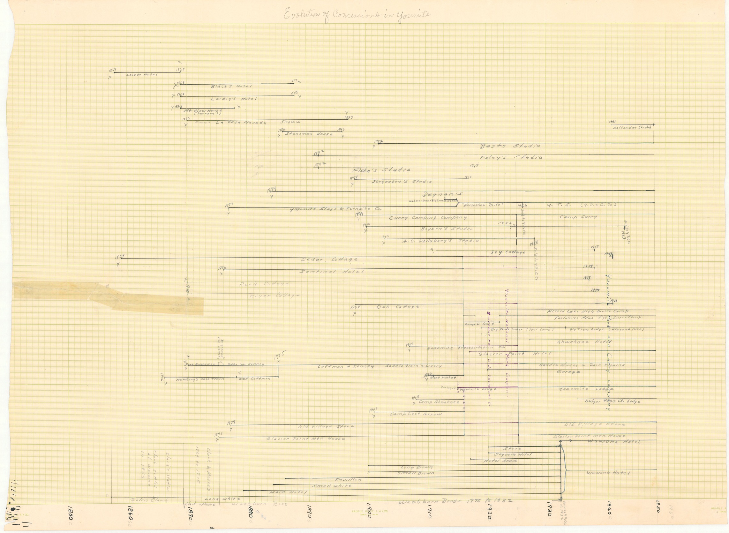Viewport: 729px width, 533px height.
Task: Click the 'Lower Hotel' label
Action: (x=142, y=75)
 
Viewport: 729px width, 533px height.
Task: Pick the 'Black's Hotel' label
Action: (x=231, y=86)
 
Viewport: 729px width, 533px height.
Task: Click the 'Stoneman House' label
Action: (x=308, y=134)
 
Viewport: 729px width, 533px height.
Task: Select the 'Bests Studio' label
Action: (x=510, y=146)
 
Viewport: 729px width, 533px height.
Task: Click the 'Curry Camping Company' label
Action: (x=428, y=218)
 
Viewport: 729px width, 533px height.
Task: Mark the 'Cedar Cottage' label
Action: (x=329, y=260)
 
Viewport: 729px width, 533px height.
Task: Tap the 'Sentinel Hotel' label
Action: (x=332, y=272)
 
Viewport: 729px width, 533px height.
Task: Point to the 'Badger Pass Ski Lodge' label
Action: (x=613, y=402)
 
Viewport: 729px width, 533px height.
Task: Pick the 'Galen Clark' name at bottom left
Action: (x=149, y=500)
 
